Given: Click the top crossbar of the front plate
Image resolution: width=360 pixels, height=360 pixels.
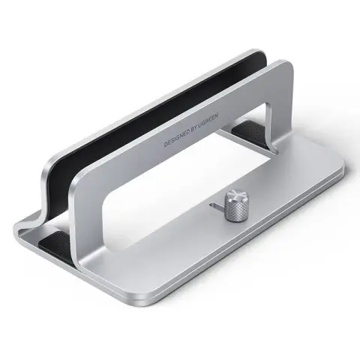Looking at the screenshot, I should tap(187, 120).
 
